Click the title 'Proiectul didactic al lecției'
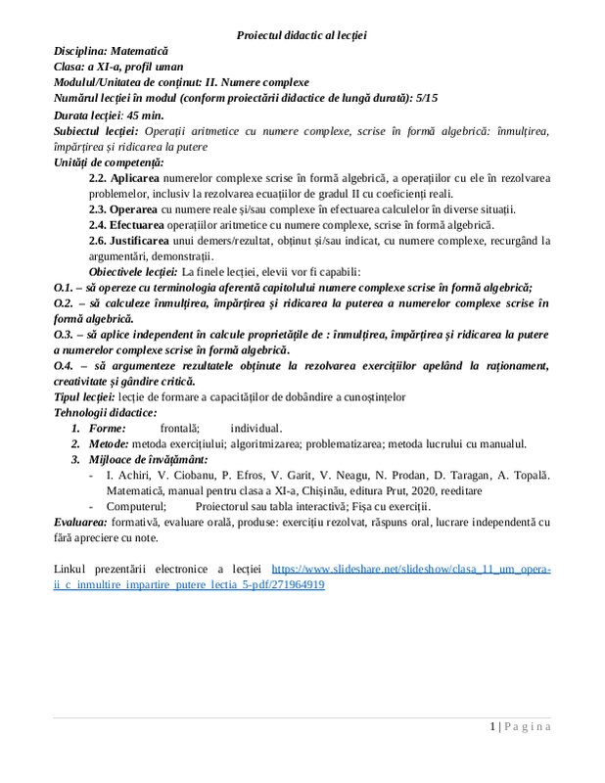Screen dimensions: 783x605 [302, 35]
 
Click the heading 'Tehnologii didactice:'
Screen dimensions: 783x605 [106, 412]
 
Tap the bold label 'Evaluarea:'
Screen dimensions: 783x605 [82, 523]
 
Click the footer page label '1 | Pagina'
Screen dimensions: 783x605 [520, 726]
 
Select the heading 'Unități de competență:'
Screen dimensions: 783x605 [109, 161]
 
